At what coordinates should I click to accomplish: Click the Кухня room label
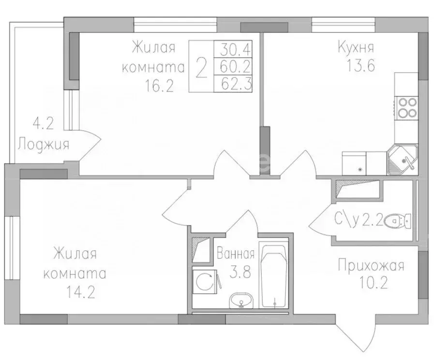[356, 48]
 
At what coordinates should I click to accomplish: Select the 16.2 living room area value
[159, 86]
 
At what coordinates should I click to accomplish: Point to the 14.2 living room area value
[75, 292]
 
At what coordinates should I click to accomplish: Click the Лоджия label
[44, 144]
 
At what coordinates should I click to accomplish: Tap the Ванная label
[236, 253]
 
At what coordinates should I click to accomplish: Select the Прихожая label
[371, 265]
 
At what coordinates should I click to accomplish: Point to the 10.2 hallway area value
[371, 283]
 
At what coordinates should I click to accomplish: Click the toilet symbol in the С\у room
[401, 221]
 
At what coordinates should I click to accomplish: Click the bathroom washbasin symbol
[240, 300]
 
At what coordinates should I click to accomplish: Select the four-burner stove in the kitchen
[407, 107]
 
